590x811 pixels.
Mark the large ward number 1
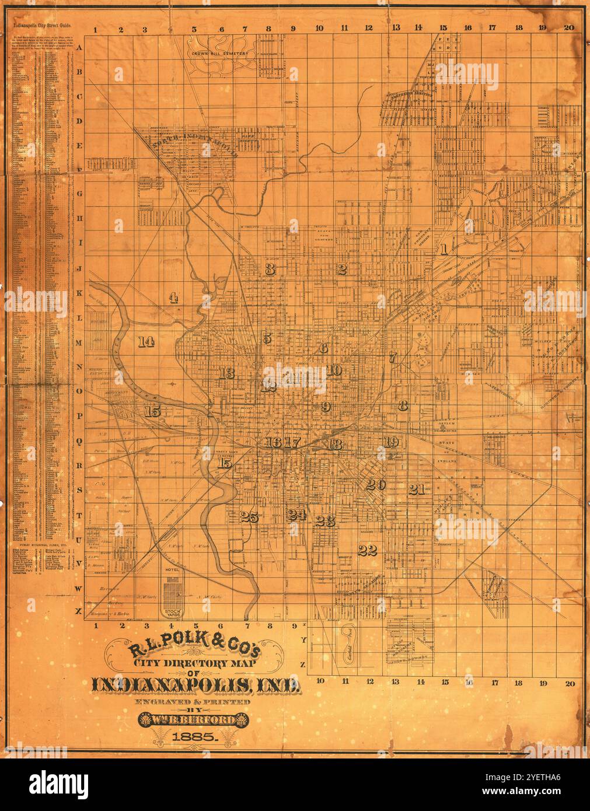tap(444, 250)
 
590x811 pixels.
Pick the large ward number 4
tap(173, 298)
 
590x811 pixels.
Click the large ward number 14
tap(145, 342)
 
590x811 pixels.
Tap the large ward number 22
tap(368, 550)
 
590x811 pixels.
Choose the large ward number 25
tap(249, 516)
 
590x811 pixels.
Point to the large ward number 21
tap(416, 489)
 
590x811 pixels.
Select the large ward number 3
tap(269, 269)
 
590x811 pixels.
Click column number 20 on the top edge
tap(569, 27)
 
